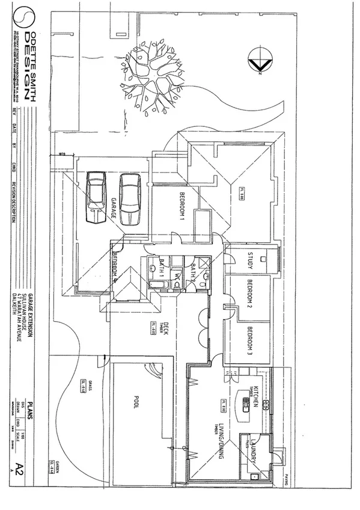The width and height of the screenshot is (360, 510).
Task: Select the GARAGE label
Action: pyautogui.click(x=112, y=207)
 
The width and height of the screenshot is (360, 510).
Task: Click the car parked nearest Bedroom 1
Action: pyautogui.click(x=130, y=197)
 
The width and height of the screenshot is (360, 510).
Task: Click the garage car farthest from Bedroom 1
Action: pyautogui.click(x=96, y=197)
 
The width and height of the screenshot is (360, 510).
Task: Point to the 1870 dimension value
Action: pyautogui.click(x=62, y=154)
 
